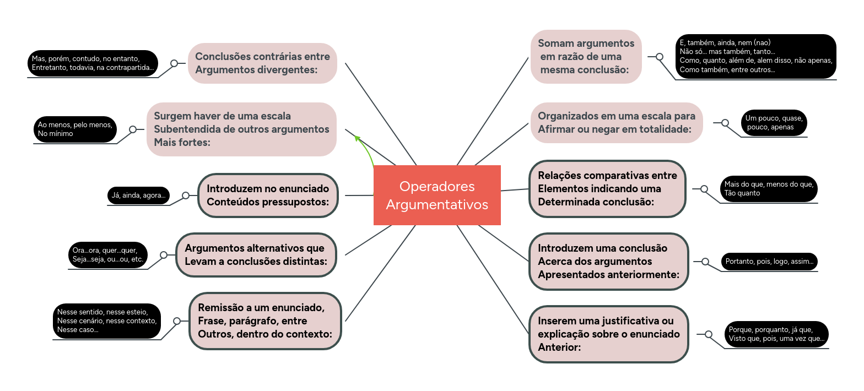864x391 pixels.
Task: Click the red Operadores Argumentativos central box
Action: click(x=437, y=195)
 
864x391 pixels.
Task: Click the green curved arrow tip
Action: click(x=357, y=137)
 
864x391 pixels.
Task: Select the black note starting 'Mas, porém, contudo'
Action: click(x=93, y=63)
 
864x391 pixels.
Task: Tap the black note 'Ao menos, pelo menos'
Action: click(x=75, y=129)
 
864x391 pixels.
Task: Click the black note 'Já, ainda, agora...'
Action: click(x=138, y=195)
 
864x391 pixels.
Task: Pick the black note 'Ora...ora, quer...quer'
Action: click(x=107, y=254)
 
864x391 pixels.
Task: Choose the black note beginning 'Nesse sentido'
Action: click(x=107, y=321)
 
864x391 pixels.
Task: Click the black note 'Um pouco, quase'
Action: click(x=774, y=122)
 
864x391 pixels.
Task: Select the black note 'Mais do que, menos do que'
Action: click(x=769, y=188)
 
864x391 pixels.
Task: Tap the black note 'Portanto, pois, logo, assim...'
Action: click(x=769, y=262)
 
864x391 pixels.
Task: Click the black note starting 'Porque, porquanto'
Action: click(x=776, y=334)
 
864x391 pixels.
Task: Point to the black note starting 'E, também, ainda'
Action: click(x=755, y=56)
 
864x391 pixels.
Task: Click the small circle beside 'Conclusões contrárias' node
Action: click(x=174, y=63)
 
